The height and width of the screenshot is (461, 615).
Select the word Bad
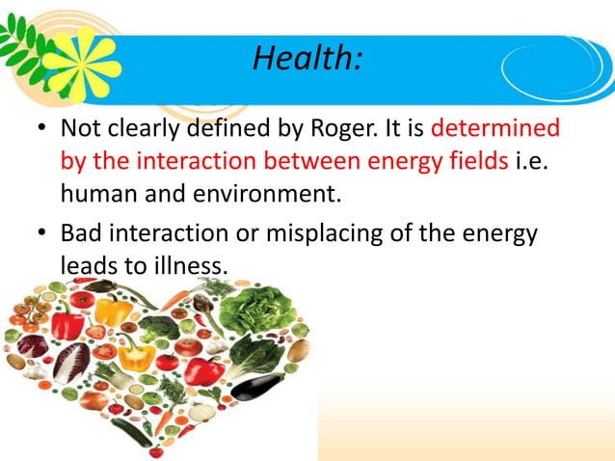pos(82,233)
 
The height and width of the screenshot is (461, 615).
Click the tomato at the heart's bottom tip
pos(155,450)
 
